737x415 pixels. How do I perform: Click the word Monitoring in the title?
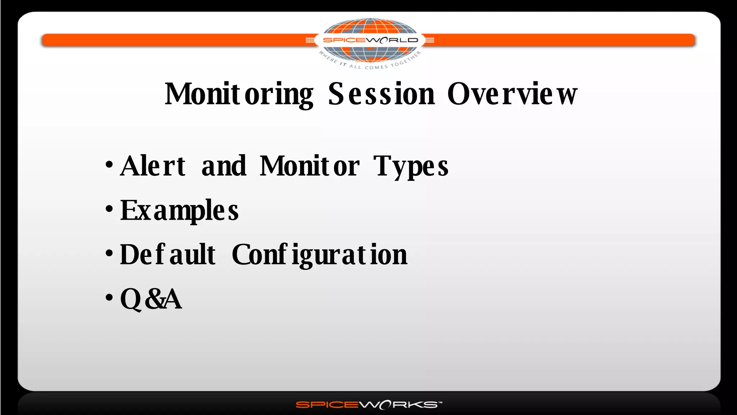click(239, 94)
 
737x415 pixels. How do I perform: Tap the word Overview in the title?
click(512, 94)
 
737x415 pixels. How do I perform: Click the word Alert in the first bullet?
click(153, 166)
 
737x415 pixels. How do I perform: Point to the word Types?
click(411, 167)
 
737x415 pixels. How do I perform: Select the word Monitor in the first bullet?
click(309, 166)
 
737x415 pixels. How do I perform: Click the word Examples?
click(179, 211)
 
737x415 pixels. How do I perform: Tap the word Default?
click(168, 255)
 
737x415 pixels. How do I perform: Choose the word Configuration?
click(320, 255)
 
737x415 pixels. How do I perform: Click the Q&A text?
click(151, 299)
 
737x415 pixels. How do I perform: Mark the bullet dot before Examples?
click(109, 209)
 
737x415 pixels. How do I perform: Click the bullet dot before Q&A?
click(109, 298)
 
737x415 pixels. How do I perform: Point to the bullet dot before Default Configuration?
click(109, 253)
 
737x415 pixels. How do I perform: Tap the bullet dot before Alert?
click(109, 165)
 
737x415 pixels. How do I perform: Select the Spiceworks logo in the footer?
click(368, 405)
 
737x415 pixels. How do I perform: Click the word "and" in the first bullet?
click(224, 166)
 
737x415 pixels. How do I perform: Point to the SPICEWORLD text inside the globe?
click(370, 40)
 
